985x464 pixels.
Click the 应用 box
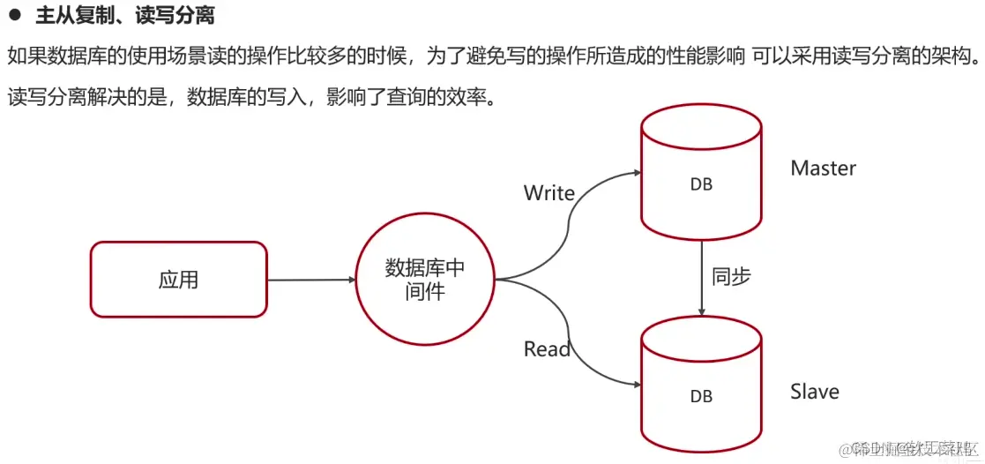pos(178,280)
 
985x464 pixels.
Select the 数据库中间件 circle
pos(425,280)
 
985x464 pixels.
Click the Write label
pos(548,193)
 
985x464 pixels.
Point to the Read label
pos(547,349)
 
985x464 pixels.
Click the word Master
pos(823,168)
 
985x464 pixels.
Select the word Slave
pos(814,392)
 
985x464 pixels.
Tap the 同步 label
pos(731,276)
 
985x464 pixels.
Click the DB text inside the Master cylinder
pos(701,185)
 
